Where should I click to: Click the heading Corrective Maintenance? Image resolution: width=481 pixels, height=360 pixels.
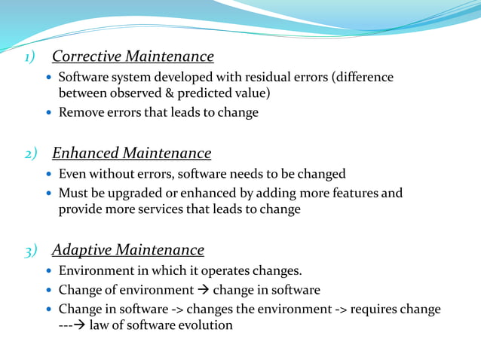point(133,56)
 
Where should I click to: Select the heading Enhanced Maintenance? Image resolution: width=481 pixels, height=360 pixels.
point(131,153)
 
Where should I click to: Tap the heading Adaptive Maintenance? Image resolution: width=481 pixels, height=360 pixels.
point(127,249)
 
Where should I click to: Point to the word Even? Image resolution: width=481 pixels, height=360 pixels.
point(72,173)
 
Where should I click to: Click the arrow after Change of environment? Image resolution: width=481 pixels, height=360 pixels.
point(204,290)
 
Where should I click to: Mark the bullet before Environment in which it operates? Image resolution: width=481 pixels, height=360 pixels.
point(49,271)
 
